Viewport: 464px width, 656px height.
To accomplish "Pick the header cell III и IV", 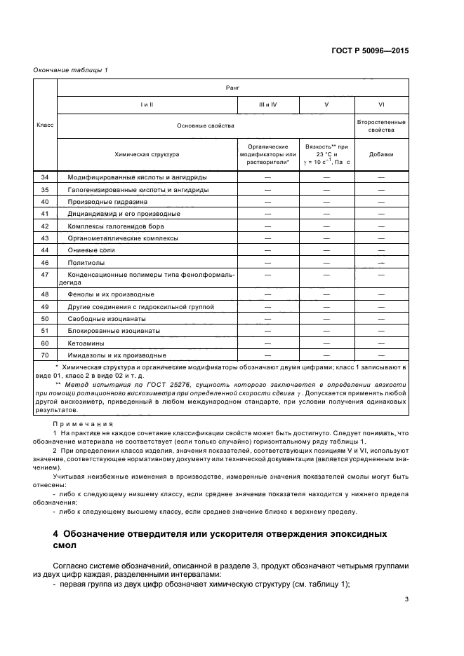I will [x=268, y=104].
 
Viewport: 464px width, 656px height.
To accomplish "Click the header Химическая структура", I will [x=147, y=153].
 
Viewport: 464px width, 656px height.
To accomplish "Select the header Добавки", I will [x=381, y=153].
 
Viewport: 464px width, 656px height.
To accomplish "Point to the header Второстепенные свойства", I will [x=381, y=125].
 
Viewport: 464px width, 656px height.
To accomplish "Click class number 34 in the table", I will [x=45, y=177].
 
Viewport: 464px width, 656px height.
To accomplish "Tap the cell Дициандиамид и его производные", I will [x=124, y=214].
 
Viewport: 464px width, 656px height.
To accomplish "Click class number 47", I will [x=45, y=275].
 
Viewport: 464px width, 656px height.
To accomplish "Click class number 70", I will [x=45, y=355].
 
